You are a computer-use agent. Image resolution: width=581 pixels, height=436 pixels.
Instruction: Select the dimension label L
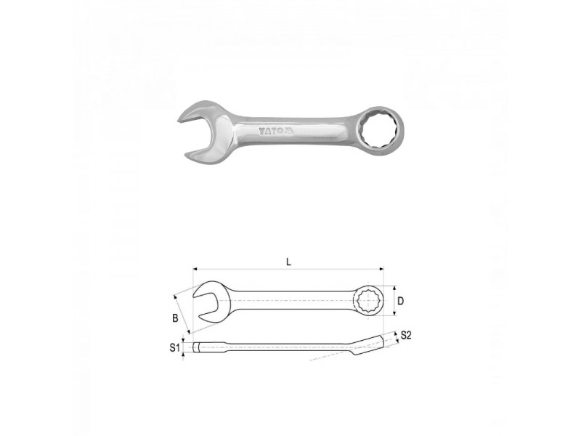[288, 262]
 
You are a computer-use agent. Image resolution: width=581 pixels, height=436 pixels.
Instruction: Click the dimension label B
[175, 318]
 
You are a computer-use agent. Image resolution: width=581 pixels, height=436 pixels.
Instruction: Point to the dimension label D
[400, 301]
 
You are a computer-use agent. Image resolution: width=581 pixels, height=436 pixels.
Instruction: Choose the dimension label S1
[174, 347]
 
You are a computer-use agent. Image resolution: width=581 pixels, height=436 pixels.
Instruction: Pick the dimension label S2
[406, 335]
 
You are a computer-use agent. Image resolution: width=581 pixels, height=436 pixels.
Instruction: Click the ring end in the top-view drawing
[368, 301]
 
